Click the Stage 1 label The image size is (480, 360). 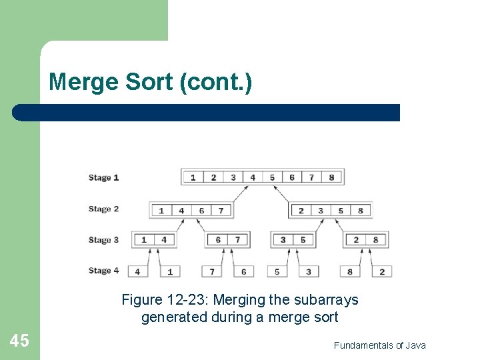tap(103, 177)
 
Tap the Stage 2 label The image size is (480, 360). tap(103, 209)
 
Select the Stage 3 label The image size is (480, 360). tap(103, 239)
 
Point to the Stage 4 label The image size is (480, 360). tap(103, 271)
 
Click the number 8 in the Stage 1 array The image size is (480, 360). tap(331, 177)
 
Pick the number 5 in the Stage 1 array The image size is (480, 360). tap(272, 177)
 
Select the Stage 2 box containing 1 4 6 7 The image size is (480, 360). tap(191, 211)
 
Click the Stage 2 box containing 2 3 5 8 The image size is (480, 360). tap(330, 211)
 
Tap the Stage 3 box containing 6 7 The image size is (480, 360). tap(227, 240)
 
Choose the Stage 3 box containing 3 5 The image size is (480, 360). tap(293, 240)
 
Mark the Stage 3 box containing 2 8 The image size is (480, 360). tap(365, 240)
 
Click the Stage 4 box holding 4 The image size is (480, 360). tap(137, 271)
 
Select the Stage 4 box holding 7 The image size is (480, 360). tap(212, 271)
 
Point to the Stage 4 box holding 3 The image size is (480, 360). tap(309, 271)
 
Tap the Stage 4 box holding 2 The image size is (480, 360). tap(382, 271)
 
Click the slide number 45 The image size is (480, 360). tap(19, 341)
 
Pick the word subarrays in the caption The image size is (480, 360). tap(325, 300)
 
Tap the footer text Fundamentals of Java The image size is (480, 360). tap(379, 345)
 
